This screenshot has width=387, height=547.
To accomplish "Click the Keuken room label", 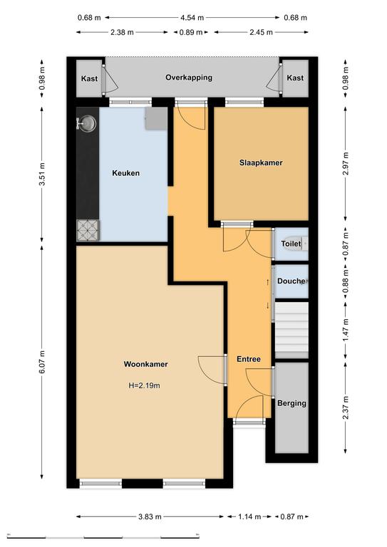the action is pyautogui.click(x=125, y=173).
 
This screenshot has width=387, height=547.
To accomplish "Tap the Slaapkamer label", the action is pyautogui.click(x=261, y=162).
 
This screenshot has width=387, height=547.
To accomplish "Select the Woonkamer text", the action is pyautogui.click(x=145, y=364).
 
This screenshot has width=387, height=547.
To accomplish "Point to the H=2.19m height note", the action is pyautogui.click(x=145, y=385).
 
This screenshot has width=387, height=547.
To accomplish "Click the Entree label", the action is pyautogui.click(x=249, y=359).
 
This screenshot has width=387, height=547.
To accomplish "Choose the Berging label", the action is pyautogui.click(x=291, y=403).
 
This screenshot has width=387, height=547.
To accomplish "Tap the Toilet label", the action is pyautogui.click(x=291, y=244).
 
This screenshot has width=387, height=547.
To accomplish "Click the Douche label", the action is pyautogui.click(x=291, y=281).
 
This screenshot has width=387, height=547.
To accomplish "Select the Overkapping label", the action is pyautogui.click(x=189, y=78).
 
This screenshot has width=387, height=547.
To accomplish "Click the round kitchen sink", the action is pyautogui.click(x=87, y=123).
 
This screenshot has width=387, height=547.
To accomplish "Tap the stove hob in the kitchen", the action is pyautogui.click(x=88, y=231).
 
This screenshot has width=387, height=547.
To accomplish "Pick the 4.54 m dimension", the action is pyautogui.click(x=192, y=17).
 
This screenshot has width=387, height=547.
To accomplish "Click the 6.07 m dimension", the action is pyautogui.click(x=42, y=362).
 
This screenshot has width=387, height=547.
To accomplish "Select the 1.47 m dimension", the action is pyautogui.click(x=346, y=330).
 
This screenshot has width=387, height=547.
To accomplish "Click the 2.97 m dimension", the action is pyautogui.click(x=346, y=164).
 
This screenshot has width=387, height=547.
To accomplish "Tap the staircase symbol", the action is pyautogui.click(x=291, y=330).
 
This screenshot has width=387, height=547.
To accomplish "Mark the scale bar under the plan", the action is pyautogui.click(x=103, y=536).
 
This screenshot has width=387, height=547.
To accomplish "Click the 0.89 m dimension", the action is pyautogui.click(x=191, y=33).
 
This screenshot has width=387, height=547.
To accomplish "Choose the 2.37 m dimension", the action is pyautogui.click(x=346, y=408).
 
